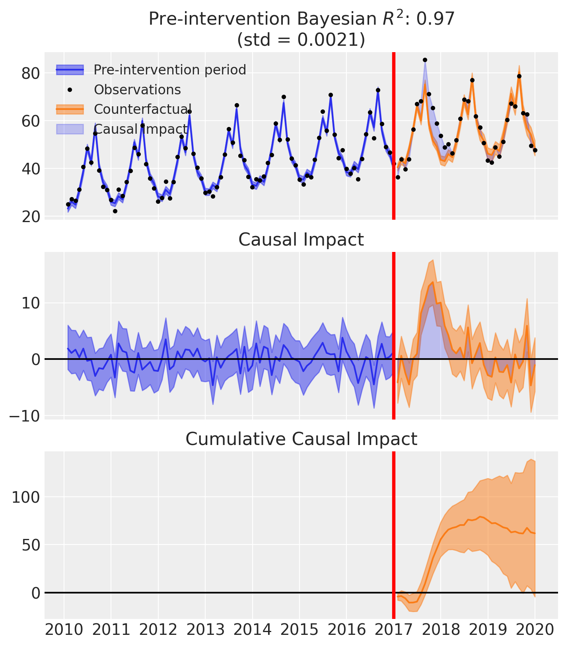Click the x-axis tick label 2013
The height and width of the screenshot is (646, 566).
(x=205, y=631)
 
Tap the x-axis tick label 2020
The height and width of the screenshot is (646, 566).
(x=535, y=631)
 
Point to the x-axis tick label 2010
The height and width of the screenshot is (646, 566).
(x=64, y=631)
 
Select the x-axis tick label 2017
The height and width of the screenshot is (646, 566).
(x=394, y=631)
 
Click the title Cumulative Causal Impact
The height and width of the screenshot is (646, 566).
(x=301, y=439)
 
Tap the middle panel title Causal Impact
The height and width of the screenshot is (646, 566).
(x=301, y=240)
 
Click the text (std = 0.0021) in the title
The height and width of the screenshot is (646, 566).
(x=301, y=40)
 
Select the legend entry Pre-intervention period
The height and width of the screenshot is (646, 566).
(x=170, y=70)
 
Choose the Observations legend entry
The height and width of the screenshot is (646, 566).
(x=137, y=90)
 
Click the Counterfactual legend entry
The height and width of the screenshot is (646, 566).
(x=143, y=109)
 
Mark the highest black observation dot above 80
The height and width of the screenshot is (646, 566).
(x=425, y=60)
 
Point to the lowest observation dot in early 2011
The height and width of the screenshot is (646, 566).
(x=115, y=211)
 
